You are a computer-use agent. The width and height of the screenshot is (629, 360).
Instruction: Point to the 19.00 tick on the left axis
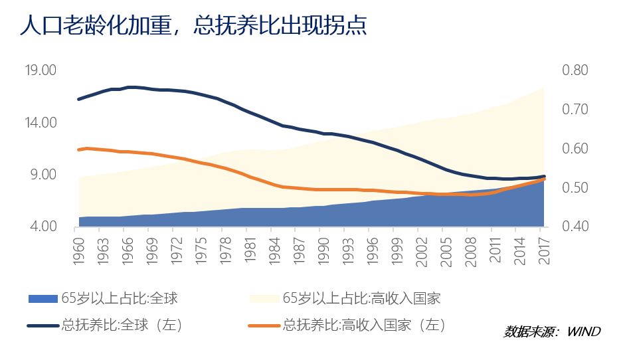click(x=41, y=70)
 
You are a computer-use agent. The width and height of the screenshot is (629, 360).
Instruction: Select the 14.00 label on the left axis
click(x=41, y=123)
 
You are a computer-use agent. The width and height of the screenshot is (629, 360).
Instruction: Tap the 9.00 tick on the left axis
click(x=44, y=175)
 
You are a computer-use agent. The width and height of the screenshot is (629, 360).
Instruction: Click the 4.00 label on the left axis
click(x=44, y=227)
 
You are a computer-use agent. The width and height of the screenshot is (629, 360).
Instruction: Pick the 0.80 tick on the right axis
click(x=575, y=70)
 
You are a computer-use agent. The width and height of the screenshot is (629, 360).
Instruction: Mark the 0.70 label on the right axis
click(x=575, y=110)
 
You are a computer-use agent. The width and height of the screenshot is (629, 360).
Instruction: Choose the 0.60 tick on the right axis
click(x=575, y=149)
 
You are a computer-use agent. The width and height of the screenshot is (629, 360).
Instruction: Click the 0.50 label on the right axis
click(x=575, y=188)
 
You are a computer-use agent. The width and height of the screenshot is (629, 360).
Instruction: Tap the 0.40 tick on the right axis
click(x=575, y=227)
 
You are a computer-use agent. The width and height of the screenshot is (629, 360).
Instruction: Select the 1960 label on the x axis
click(x=79, y=247)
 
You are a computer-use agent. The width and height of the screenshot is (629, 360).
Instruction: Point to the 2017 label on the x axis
click(x=544, y=247)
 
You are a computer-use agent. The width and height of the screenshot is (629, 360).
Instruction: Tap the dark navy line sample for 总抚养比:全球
click(x=43, y=325)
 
